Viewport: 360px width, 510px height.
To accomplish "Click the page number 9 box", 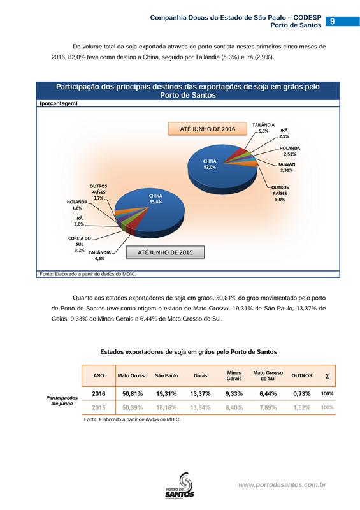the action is (342, 21).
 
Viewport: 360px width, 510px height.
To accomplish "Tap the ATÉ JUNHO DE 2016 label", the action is (208, 129).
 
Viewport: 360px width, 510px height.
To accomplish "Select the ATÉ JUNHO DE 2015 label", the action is (165, 252).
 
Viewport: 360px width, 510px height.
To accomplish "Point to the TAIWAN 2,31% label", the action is (286, 167).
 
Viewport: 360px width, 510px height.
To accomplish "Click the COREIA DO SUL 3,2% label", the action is (80, 244).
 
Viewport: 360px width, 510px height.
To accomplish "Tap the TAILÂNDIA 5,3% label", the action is (263, 128).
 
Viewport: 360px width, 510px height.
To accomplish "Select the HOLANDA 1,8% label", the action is (77, 205).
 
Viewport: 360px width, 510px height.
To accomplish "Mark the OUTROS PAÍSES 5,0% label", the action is (280, 193).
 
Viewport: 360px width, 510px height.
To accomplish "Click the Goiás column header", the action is (200, 375).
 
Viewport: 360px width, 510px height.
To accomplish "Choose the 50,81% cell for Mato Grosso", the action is (133, 393).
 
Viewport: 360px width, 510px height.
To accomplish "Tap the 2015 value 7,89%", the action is (268, 407).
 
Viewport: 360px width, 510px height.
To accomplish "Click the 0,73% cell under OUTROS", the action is (302, 393).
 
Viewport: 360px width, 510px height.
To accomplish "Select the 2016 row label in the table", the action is (99, 393).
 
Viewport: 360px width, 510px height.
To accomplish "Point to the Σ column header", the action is (327, 376).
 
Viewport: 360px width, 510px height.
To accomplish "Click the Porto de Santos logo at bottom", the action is (180, 485).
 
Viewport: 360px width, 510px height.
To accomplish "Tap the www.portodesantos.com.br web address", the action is (282, 485).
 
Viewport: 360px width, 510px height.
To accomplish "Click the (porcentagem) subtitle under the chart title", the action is (59, 103).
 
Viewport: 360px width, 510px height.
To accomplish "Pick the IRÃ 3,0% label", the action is (79, 221).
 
